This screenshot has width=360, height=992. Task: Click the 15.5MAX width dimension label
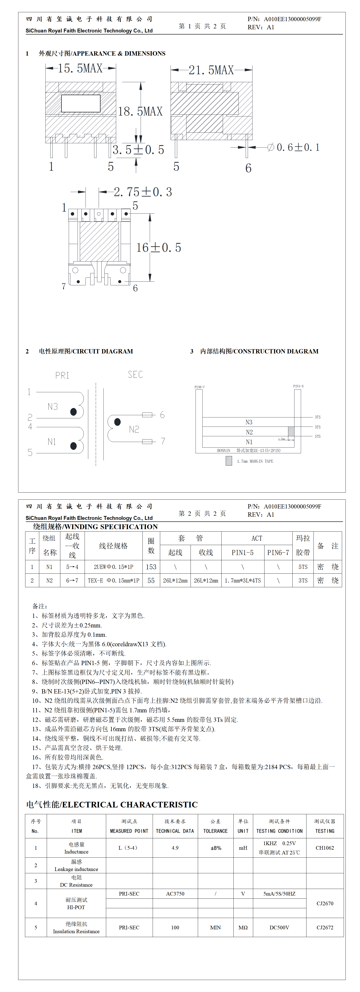click(x=80, y=69)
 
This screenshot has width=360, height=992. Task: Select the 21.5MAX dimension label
click(x=211, y=70)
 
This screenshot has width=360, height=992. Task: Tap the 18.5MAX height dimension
click(x=140, y=112)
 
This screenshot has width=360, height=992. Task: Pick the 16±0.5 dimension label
click(x=159, y=248)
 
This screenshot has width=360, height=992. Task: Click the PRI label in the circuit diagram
click(x=62, y=375)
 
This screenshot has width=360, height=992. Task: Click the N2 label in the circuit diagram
click(x=134, y=429)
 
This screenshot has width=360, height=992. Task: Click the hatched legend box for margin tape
click(x=229, y=461)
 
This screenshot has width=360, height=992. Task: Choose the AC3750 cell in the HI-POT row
click(x=175, y=893)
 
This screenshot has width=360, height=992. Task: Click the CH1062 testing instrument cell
click(x=325, y=848)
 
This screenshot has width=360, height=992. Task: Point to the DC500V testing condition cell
click(x=279, y=927)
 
